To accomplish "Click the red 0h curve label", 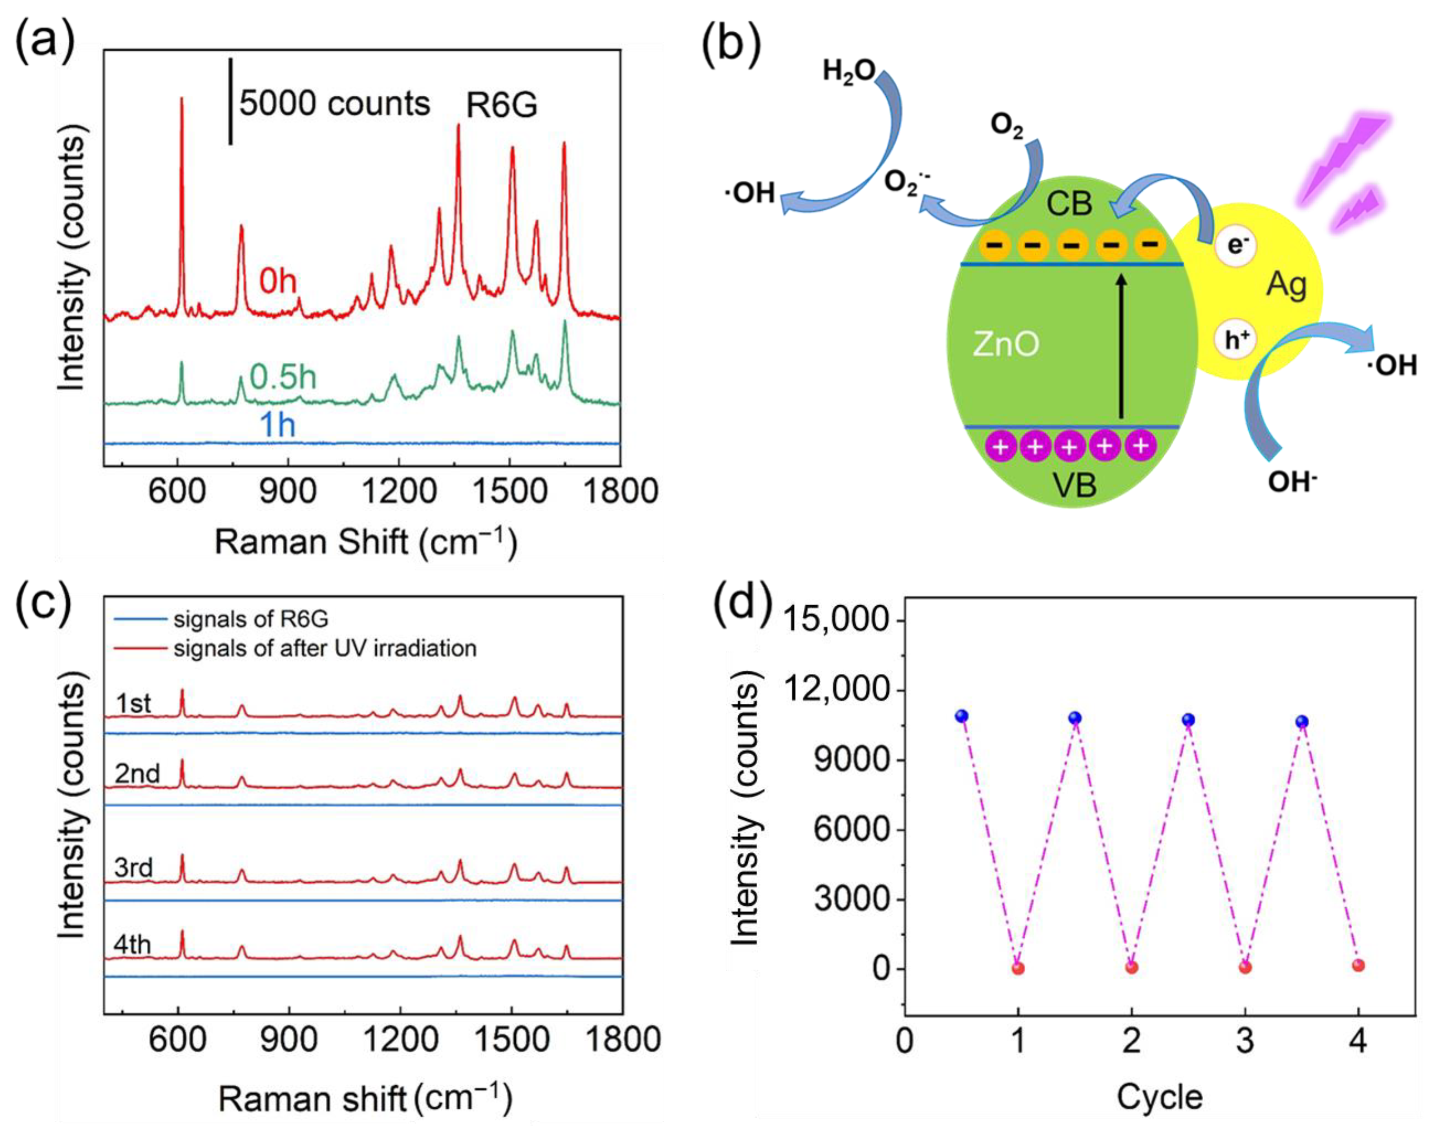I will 278,282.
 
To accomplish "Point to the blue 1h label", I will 278,425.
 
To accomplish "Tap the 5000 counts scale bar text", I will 334,103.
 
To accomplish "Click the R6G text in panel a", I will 501,105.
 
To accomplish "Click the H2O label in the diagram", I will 848,71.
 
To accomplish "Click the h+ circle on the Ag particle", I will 1236,340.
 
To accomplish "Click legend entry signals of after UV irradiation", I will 325,649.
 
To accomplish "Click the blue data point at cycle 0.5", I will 962,716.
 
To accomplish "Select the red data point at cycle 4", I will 1358,966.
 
